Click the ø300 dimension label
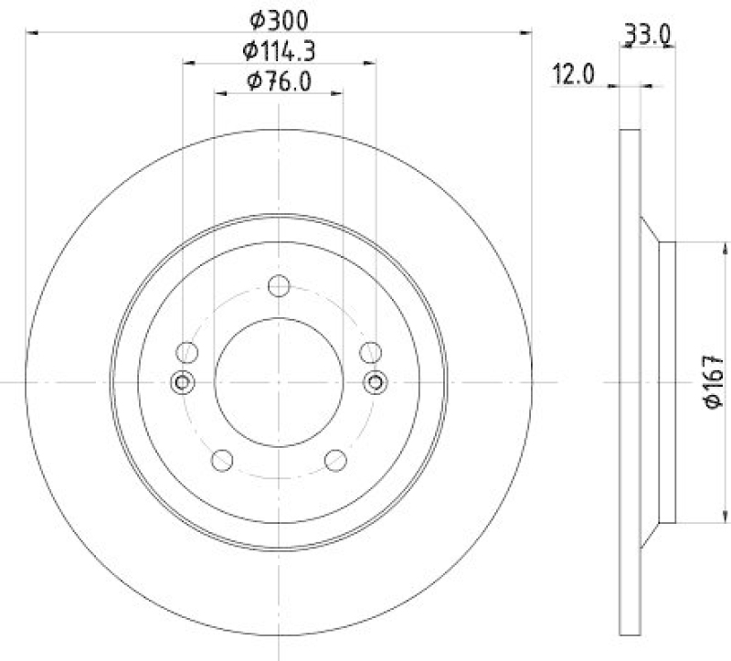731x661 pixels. click(x=278, y=17)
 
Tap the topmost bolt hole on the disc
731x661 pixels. click(x=279, y=287)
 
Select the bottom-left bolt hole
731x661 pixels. click(x=221, y=461)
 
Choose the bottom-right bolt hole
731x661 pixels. click(x=336, y=461)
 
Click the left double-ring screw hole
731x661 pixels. click(x=183, y=381)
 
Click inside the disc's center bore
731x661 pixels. click(x=279, y=381)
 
